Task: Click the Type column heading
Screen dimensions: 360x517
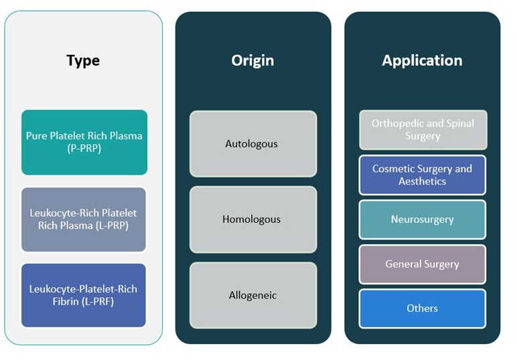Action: tap(83, 60)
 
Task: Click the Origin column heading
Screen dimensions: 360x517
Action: tap(252, 60)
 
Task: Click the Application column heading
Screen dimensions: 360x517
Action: tap(422, 60)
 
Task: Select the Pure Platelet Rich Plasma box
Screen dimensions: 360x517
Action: tap(84, 143)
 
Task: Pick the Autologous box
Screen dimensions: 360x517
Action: tap(252, 143)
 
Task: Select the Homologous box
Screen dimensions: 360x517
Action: tap(252, 219)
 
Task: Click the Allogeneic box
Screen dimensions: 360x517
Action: tap(252, 295)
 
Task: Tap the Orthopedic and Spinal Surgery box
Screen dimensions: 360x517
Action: tap(423, 130)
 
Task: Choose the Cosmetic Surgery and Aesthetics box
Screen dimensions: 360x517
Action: tap(423, 175)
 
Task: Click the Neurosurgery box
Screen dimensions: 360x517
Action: tap(423, 219)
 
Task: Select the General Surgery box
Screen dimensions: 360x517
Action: tap(423, 264)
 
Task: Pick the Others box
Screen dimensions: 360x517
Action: tap(423, 308)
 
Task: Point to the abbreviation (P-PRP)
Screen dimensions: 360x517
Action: tap(84, 149)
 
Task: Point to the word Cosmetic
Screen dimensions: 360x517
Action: tap(394, 169)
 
